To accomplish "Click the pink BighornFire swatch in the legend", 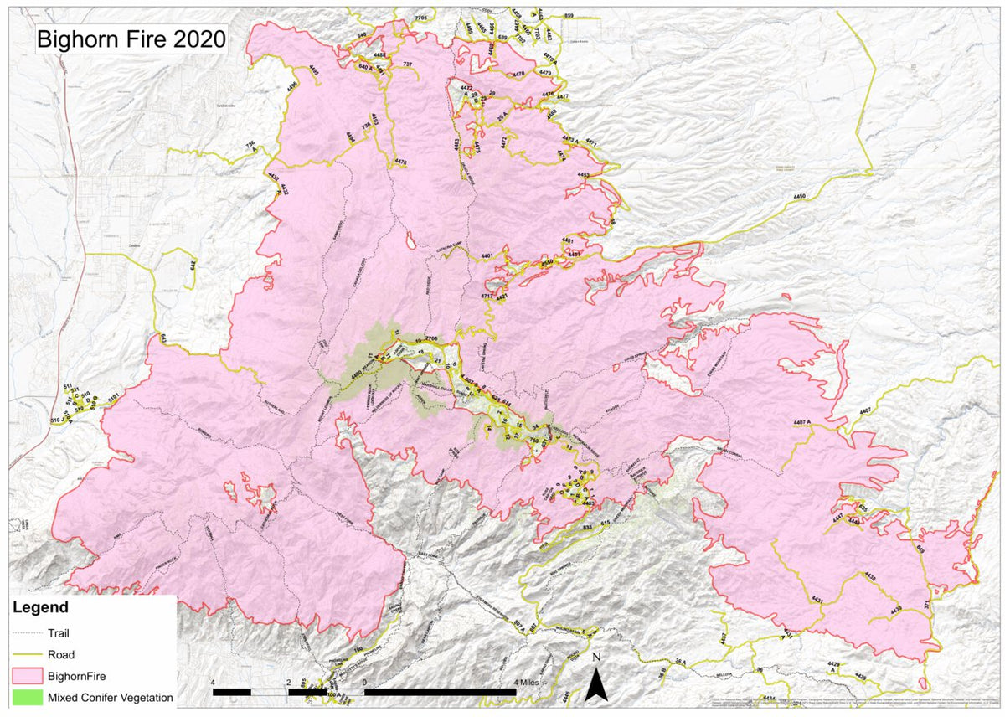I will click(x=27, y=675).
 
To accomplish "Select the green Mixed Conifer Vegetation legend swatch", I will click(x=27, y=696).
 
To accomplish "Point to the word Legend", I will click(x=40, y=607).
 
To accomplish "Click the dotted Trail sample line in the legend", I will click(x=27, y=634).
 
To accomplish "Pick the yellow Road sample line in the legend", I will click(x=27, y=654).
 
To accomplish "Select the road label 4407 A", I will click(x=801, y=420).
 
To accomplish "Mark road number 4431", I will click(x=817, y=601).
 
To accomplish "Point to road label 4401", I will click(x=487, y=255).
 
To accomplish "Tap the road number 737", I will click(x=407, y=64).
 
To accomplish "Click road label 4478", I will click(x=400, y=162).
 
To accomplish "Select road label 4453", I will click(x=584, y=175).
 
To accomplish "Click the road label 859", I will click(x=569, y=16).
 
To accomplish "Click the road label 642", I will click(x=192, y=266).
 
